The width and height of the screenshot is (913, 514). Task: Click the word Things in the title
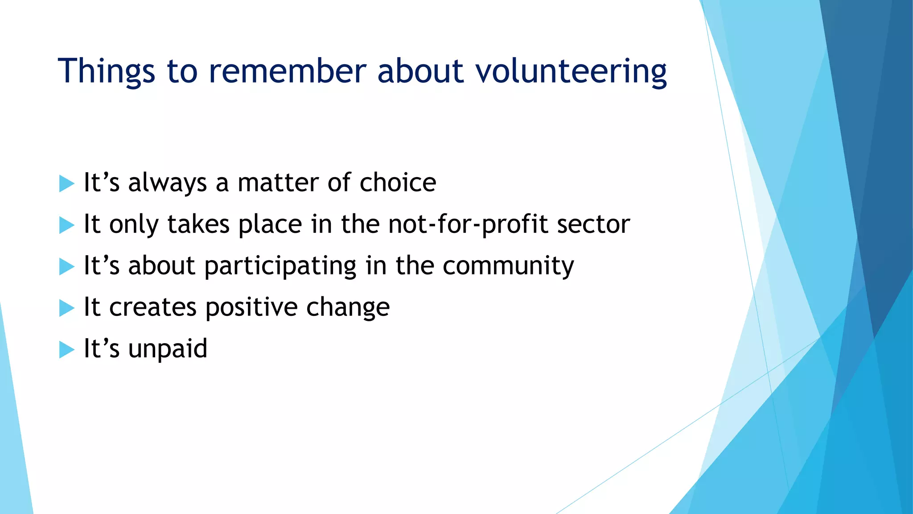pos(106,71)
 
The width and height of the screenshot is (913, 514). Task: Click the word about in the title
pos(420,71)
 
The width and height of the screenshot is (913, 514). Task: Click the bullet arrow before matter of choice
pos(66,183)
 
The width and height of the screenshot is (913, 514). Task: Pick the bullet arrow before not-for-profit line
pos(66,225)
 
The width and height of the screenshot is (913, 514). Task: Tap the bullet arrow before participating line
pos(66,266)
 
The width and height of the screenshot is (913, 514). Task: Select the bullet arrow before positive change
pos(66,308)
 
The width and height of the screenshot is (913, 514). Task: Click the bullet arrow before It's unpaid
pos(66,349)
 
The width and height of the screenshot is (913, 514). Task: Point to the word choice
pos(398,182)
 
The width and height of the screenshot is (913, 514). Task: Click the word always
pos(168,183)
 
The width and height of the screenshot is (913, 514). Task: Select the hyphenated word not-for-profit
pos(468,224)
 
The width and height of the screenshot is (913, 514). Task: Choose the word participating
pos(280,266)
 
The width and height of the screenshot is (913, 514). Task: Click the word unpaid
pos(168,349)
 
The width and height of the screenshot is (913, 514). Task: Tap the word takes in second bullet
pos(198,224)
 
